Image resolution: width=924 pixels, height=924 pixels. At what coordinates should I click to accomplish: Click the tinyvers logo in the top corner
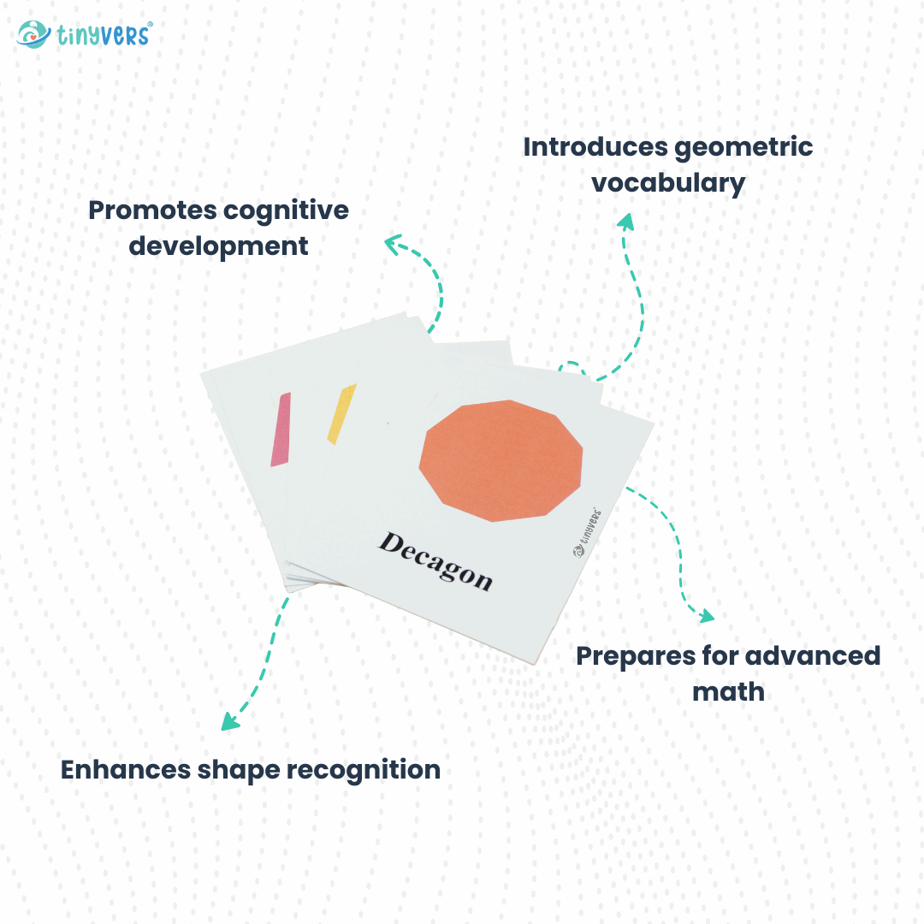[84, 34]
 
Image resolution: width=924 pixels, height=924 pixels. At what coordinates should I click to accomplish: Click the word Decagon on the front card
[435, 561]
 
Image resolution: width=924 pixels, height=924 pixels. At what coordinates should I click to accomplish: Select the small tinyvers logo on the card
[588, 535]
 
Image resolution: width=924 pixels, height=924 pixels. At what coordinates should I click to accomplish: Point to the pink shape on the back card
[281, 429]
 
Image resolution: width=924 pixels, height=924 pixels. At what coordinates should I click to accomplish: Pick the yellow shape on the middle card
[341, 414]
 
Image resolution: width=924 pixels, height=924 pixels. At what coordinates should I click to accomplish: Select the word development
[218, 246]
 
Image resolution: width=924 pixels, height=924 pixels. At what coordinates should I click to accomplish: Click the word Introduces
[595, 147]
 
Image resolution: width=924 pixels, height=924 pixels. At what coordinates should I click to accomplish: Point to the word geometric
[743, 147]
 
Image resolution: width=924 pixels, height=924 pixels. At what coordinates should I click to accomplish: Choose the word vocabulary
[668, 183]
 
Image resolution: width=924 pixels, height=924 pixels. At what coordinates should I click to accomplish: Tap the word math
[728, 691]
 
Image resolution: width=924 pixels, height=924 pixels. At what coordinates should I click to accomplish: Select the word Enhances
[126, 769]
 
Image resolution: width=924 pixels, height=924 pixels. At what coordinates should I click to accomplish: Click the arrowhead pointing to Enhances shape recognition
[229, 721]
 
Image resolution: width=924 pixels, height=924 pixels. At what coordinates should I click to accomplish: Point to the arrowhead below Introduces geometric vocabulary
[625, 222]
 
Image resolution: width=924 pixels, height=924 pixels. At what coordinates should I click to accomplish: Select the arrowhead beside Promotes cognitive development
[394, 245]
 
